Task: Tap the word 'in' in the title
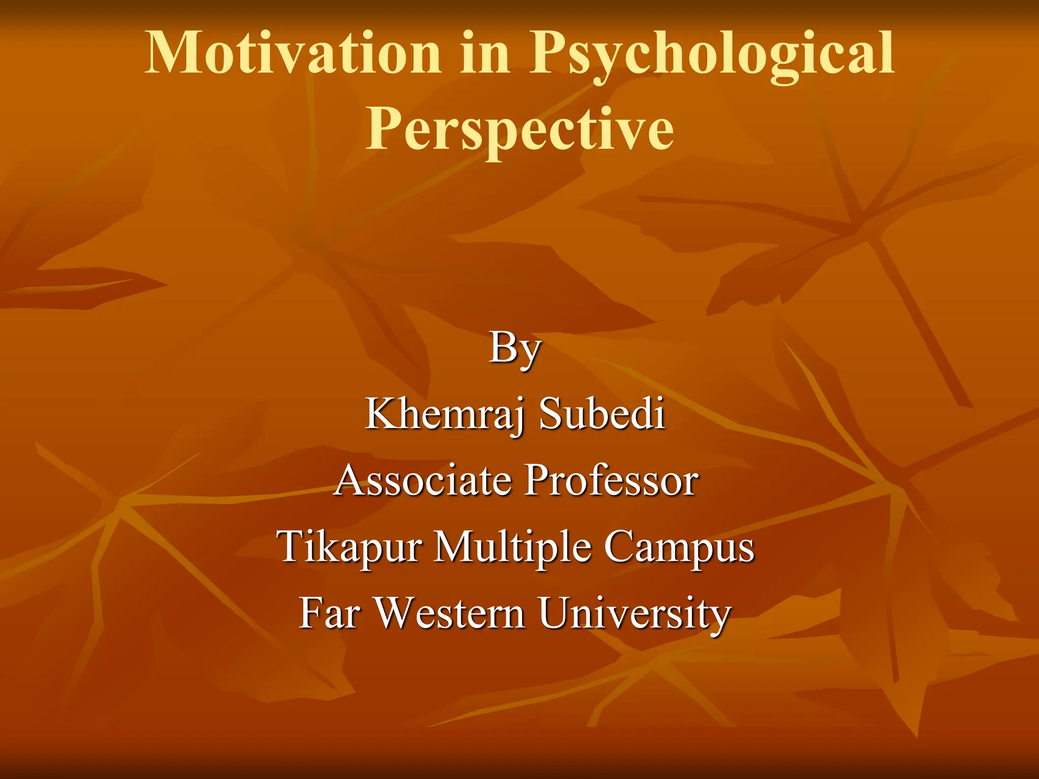(484, 53)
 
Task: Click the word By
(515, 349)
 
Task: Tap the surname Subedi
(602, 413)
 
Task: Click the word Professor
(611, 480)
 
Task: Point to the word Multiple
(512, 547)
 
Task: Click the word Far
(330, 613)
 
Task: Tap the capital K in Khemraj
(380, 413)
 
